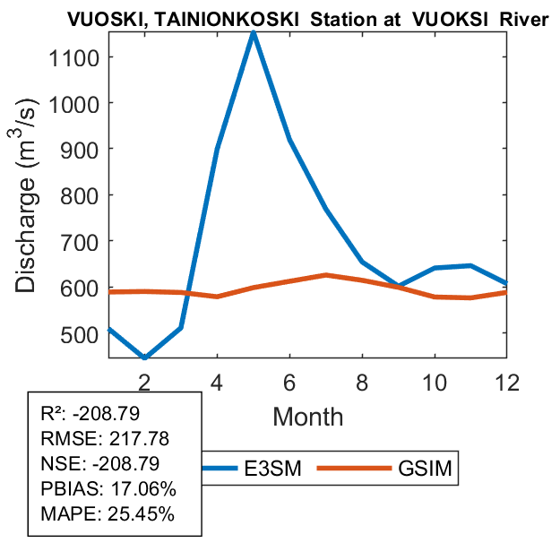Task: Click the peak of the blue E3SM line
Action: [x=254, y=33]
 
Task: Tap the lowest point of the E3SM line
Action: [x=145, y=357]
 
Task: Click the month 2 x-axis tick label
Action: [x=145, y=381]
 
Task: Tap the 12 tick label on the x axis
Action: [x=506, y=381]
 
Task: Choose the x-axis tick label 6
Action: [x=289, y=381]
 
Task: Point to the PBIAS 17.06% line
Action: [x=108, y=489]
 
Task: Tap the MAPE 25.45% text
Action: [x=108, y=514]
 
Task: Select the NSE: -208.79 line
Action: [x=103, y=464]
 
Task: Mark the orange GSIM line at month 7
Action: [x=326, y=275]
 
